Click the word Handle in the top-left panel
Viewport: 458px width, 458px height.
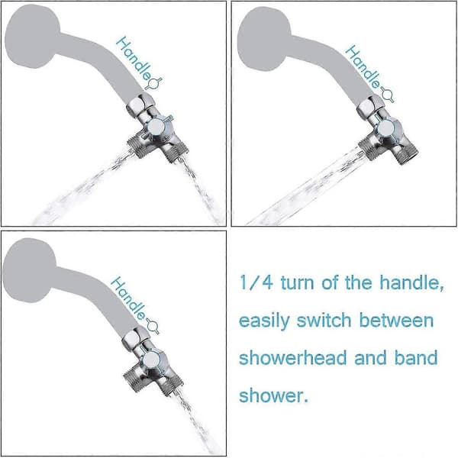(x=134, y=58)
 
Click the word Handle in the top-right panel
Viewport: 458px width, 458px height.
(x=363, y=66)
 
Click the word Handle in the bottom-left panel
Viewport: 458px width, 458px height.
(x=128, y=298)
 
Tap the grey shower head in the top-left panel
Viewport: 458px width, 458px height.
(x=33, y=37)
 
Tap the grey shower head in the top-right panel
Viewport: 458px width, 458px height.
(x=264, y=39)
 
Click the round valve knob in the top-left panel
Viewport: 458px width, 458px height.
(x=156, y=126)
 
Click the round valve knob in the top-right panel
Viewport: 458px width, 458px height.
(x=386, y=128)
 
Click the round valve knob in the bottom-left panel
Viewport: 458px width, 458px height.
(x=151, y=360)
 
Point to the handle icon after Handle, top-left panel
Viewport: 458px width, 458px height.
(x=154, y=83)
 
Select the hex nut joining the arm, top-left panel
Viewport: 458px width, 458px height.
(x=140, y=105)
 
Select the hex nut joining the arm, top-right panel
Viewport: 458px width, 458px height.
(x=370, y=108)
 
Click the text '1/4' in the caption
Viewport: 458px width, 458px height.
(x=256, y=282)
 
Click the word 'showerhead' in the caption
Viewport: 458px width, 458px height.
(x=292, y=357)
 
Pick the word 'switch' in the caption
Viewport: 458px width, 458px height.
(x=324, y=320)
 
